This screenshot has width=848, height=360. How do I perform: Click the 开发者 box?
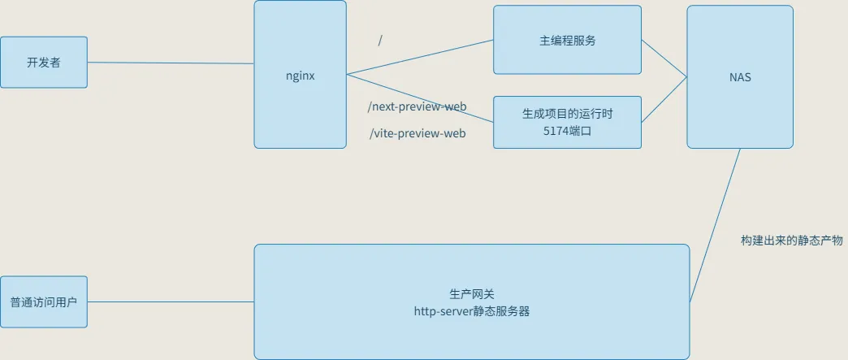tap(44, 63)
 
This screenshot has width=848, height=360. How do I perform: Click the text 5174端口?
tap(567, 131)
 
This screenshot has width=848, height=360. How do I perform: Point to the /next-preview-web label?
tap(418, 106)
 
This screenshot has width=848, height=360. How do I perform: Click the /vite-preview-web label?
tap(418, 133)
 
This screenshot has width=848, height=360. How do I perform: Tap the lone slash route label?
tap(380, 41)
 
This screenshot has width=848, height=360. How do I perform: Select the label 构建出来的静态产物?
tap(792, 241)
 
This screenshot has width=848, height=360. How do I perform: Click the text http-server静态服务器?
tap(471, 310)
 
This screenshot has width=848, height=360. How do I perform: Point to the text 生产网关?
tap(471, 293)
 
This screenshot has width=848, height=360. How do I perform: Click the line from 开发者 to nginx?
tap(171, 63)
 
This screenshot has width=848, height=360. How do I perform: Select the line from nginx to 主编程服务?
tap(420, 58)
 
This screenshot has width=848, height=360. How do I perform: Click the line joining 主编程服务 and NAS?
tap(664, 59)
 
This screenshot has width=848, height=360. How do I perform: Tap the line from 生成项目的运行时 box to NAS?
tap(664, 101)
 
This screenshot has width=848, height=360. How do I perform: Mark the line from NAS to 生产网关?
tap(715, 225)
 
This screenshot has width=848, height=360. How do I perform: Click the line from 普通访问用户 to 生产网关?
tap(171, 302)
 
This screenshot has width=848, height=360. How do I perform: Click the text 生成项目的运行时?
tap(567, 114)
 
